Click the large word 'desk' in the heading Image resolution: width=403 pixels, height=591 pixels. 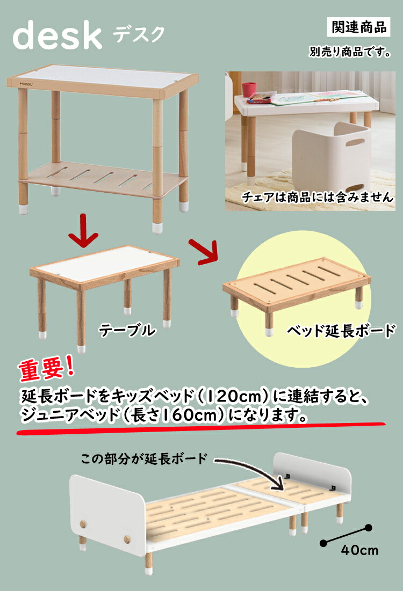coord(57,35)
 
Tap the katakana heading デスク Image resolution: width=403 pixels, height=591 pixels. coord(139,34)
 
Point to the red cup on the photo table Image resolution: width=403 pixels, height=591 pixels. coord(249,90)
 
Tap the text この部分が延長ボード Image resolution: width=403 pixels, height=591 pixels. coord(143,459)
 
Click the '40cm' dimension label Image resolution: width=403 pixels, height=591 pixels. coord(359,550)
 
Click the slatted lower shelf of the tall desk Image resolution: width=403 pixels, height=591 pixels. coord(99,177)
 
